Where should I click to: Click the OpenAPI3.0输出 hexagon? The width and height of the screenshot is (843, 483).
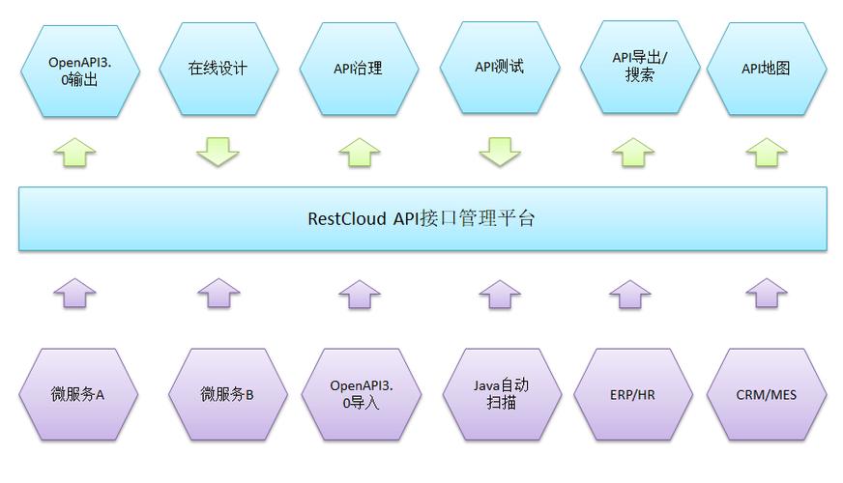79,71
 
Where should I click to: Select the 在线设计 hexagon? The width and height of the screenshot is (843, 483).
218,70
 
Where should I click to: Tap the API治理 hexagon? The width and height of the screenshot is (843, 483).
359,70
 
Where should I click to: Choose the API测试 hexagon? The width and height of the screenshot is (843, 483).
500,69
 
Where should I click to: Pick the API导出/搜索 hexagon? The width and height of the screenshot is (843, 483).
640,68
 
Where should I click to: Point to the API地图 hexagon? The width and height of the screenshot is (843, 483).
767,70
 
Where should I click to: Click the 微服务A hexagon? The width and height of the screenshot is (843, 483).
78,395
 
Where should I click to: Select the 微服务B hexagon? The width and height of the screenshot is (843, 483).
227,395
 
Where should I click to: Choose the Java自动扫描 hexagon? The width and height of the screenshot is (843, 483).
501,395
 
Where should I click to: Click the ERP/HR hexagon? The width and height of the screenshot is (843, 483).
633,395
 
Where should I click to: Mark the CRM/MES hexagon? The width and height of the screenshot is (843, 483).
767,395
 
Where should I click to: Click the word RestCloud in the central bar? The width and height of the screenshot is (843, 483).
347,218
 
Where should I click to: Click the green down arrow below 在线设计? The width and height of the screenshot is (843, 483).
218,152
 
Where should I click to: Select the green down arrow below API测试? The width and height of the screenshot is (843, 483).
500,152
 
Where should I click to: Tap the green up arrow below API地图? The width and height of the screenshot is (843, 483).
767,152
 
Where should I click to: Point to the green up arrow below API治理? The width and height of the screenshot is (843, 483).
360,152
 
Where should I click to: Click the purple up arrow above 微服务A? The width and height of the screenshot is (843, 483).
74,293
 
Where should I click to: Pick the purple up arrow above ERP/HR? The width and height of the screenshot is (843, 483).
631,294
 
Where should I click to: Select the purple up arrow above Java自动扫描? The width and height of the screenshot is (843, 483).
500,294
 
